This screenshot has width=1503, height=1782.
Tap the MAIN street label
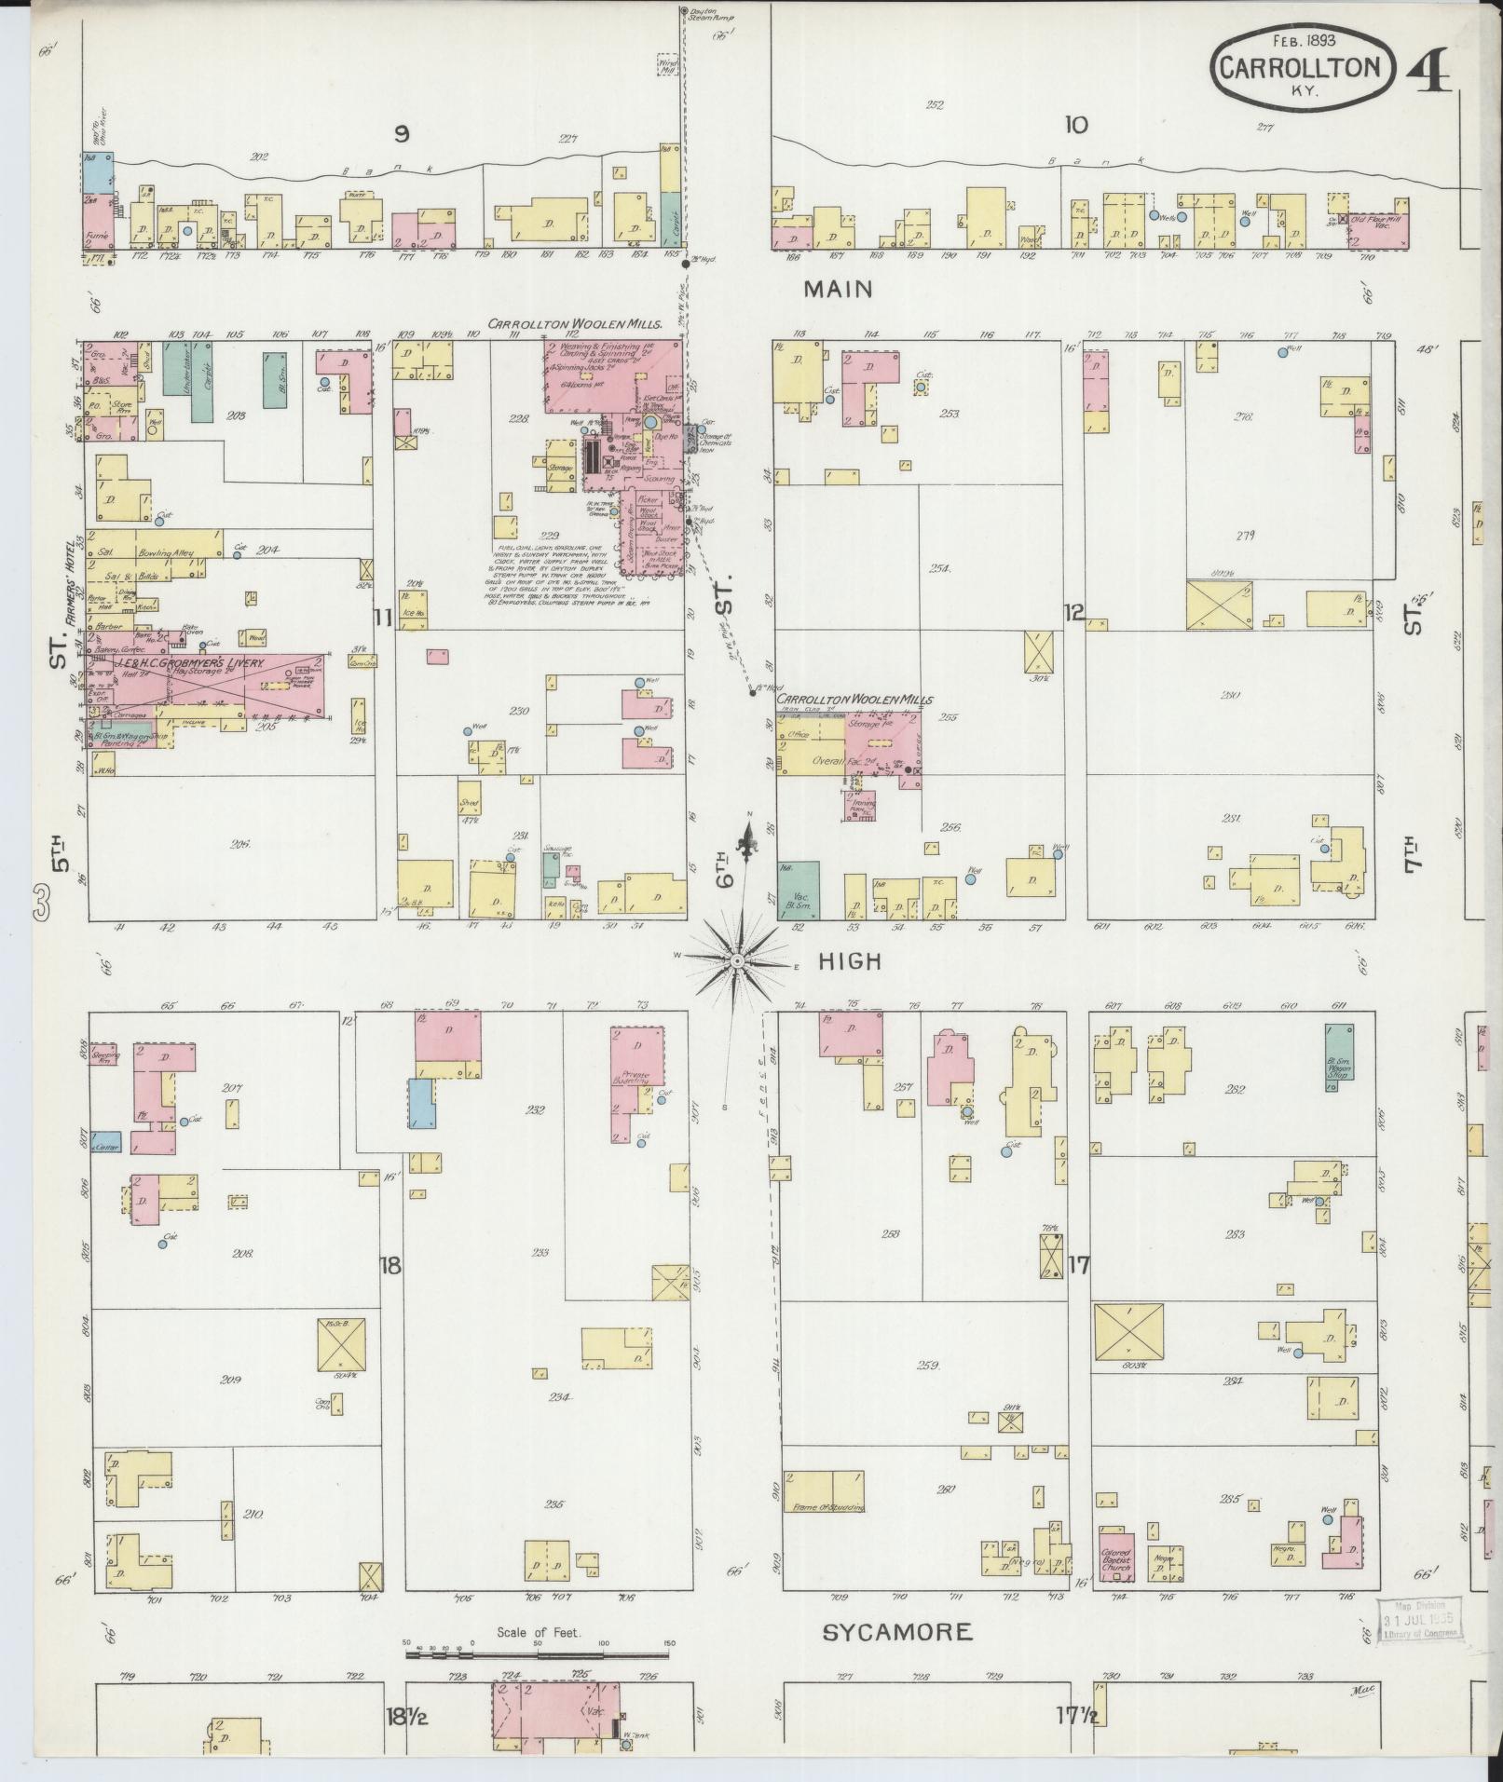(839, 290)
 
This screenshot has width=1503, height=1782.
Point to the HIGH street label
(849, 961)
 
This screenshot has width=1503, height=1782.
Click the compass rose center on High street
(736, 960)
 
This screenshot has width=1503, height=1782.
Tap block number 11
(381, 617)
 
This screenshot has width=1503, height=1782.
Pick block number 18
(390, 1266)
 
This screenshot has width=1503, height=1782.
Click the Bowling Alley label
(182, 553)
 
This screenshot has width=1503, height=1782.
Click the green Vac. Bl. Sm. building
(799, 891)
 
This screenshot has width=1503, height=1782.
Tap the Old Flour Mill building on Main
(1383, 226)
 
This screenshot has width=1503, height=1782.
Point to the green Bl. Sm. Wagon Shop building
(1339, 1052)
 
